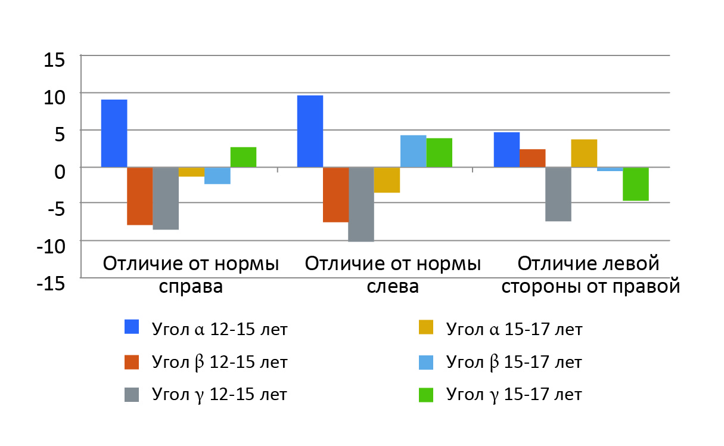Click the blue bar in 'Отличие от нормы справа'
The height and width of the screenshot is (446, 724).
click(x=114, y=133)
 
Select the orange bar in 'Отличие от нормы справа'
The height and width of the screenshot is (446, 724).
click(x=139, y=196)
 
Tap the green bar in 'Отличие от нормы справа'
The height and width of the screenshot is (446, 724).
click(x=243, y=157)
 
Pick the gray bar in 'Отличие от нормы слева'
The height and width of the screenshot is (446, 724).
click(x=361, y=205)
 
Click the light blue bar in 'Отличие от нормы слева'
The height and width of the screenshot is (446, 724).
click(x=413, y=151)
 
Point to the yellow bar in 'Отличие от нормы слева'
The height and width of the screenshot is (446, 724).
click(x=387, y=180)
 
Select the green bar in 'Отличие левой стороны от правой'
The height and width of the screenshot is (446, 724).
click(x=635, y=184)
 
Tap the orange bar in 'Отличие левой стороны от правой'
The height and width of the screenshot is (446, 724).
click(x=532, y=158)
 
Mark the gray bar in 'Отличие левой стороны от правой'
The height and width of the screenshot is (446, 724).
click(x=558, y=194)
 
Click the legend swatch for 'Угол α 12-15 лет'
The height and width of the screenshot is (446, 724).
click(x=131, y=327)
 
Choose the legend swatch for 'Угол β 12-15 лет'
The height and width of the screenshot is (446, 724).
click(x=131, y=361)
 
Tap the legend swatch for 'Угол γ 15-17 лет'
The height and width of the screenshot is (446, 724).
click(x=425, y=394)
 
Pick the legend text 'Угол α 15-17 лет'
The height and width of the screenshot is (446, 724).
click(x=514, y=329)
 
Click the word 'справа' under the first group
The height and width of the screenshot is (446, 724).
click(x=191, y=286)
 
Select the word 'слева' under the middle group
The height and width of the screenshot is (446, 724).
click(x=393, y=286)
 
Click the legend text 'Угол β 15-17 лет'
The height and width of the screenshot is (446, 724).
click(x=514, y=362)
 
